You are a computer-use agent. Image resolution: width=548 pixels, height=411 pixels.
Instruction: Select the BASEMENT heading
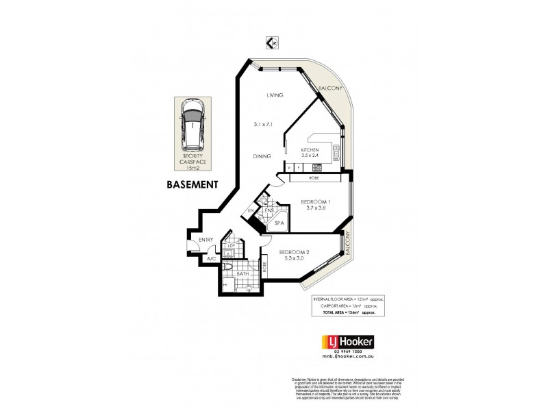[x=192, y=185]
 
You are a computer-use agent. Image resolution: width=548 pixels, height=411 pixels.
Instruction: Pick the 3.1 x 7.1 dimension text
[x=264, y=124]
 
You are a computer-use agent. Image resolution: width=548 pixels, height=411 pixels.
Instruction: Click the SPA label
[x=279, y=223]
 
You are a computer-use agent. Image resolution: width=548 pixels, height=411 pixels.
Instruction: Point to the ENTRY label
[x=206, y=240]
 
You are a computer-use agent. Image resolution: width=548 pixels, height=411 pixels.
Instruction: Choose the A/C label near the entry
[x=212, y=259]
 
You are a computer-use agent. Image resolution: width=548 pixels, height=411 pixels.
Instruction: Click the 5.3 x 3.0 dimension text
[x=293, y=260]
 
